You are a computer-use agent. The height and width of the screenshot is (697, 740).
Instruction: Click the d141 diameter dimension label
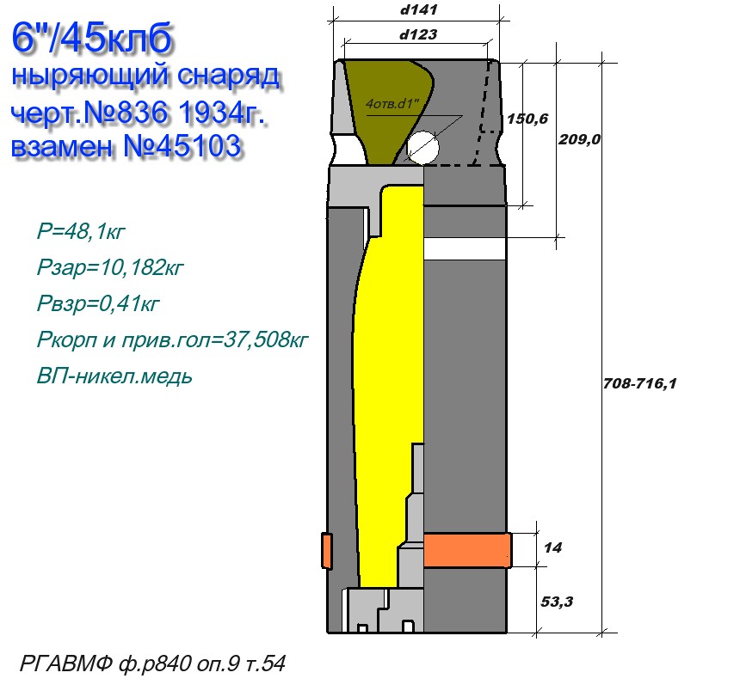(418, 9)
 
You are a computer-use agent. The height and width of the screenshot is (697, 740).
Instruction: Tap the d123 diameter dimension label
(418, 34)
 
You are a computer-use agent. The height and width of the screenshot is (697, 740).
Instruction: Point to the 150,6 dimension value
(527, 119)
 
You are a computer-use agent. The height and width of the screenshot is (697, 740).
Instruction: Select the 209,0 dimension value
(580, 139)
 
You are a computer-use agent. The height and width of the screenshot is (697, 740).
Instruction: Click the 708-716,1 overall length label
(640, 383)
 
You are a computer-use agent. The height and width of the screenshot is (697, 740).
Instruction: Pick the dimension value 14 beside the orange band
(553, 547)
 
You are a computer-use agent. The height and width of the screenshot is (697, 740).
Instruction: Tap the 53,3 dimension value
(557, 602)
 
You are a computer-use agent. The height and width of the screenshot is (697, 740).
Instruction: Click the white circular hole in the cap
(422, 147)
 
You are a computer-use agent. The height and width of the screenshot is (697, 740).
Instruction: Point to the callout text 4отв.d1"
(392, 103)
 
